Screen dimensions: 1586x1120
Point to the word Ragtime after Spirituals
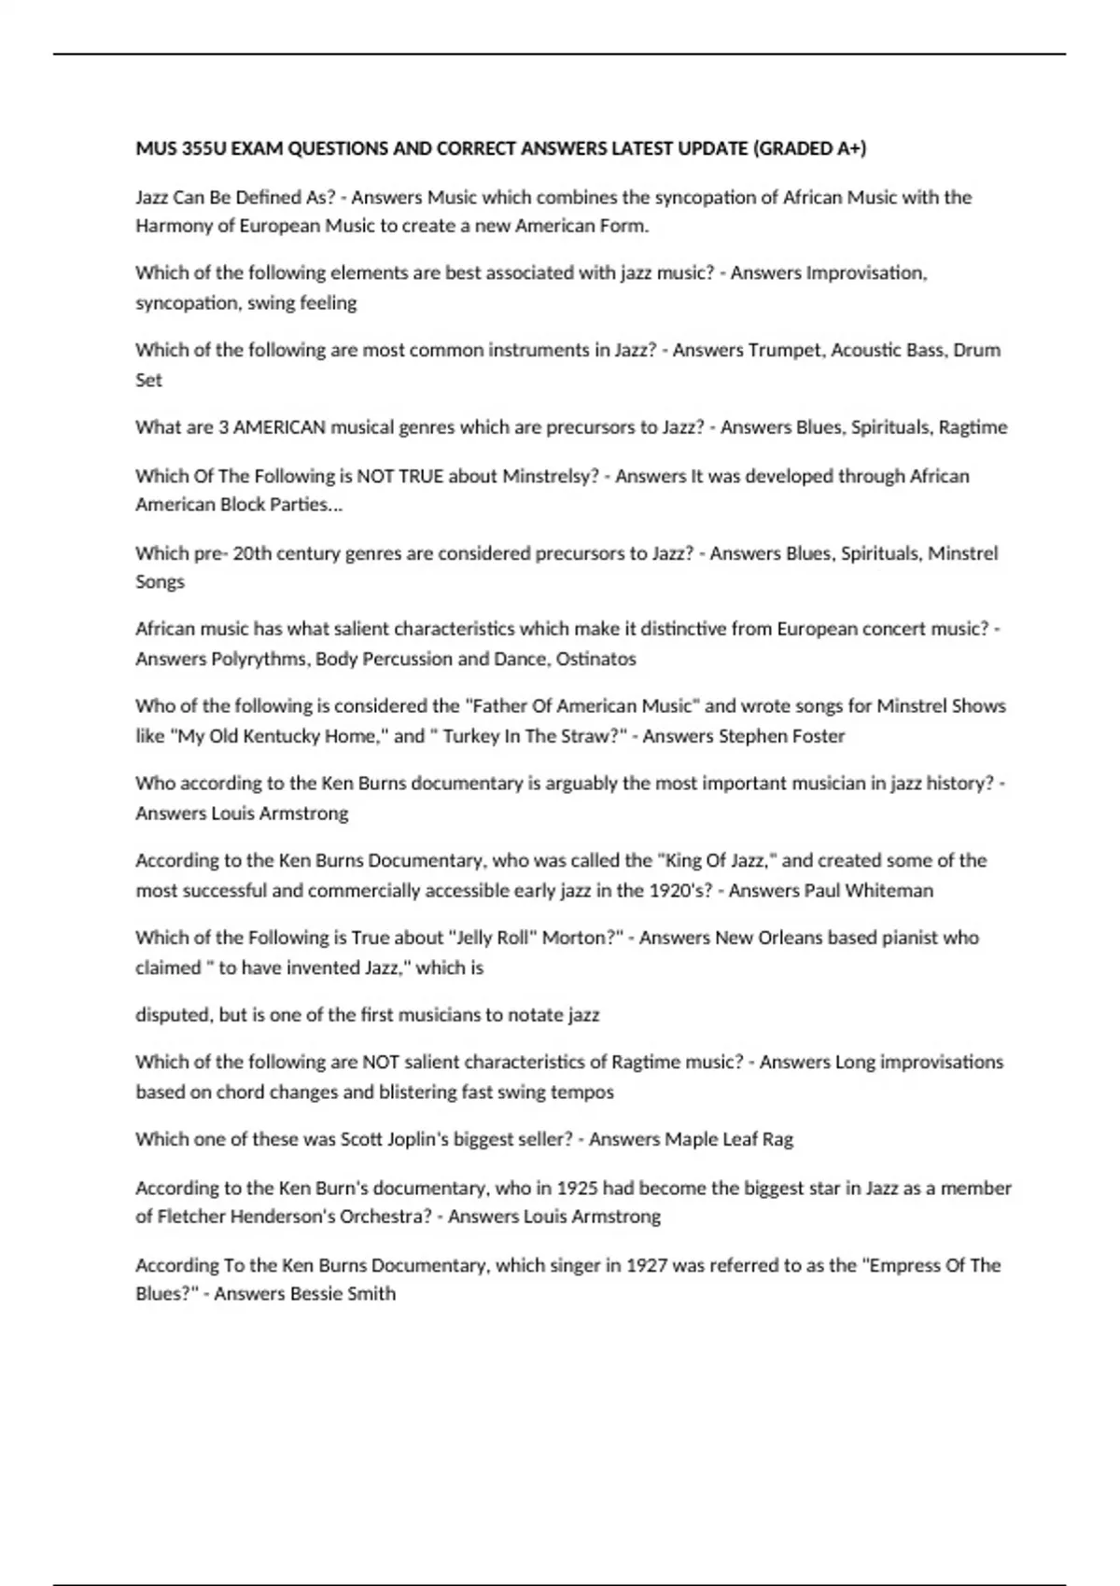tap(973, 427)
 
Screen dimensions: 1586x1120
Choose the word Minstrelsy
tap(550, 476)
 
